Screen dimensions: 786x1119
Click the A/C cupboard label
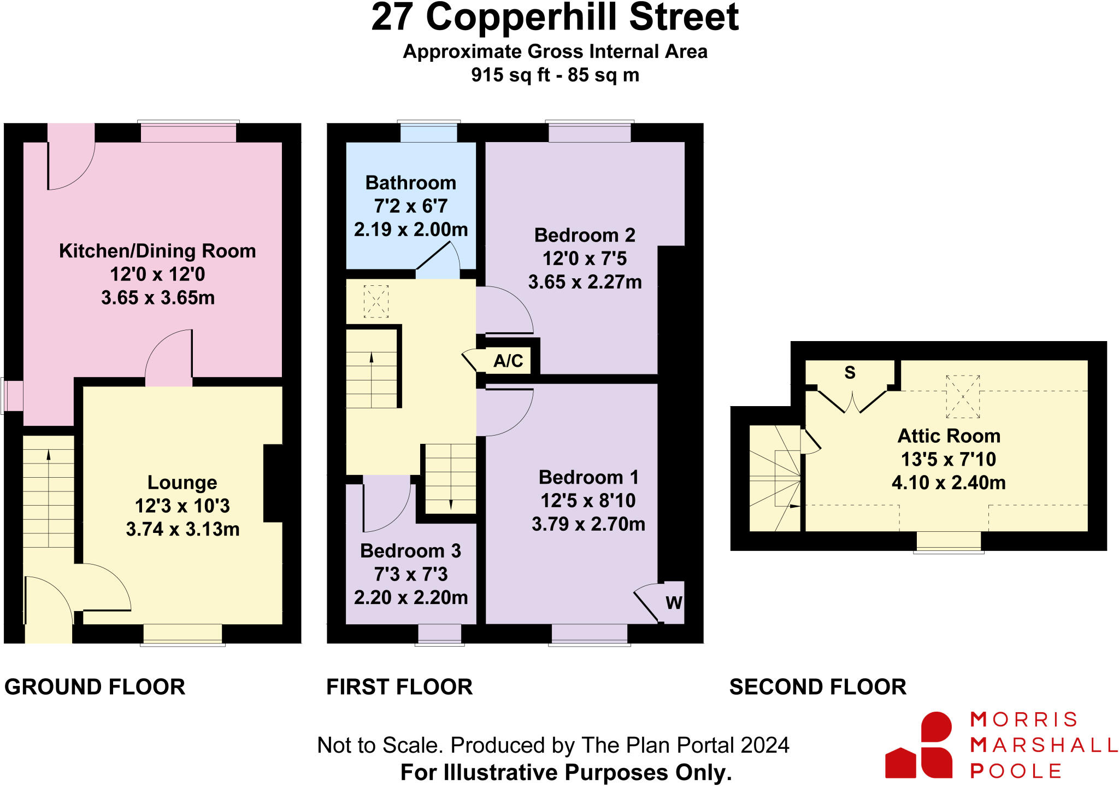tap(508, 361)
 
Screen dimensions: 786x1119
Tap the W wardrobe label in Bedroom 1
tap(674, 602)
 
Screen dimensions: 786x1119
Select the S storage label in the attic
tap(850, 373)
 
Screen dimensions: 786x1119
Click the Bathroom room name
tap(410, 183)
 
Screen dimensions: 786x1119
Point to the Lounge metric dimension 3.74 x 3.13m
tap(182, 529)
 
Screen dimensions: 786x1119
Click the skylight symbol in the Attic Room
tap(962, 396)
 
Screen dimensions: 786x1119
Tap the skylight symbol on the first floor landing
tap(376, 301)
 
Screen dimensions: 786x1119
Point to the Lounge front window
tap(182, 634)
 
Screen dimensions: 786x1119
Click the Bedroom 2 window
tap(589, 132)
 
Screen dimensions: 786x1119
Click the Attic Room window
tap(949, 541)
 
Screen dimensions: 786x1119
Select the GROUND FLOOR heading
tap(95, 687)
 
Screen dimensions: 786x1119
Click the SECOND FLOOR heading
tap(817, 687)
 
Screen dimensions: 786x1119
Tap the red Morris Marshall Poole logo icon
tap(919, 746)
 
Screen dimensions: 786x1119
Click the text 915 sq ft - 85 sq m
tap(555, 75)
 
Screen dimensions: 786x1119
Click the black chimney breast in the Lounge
tap(273, 483)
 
